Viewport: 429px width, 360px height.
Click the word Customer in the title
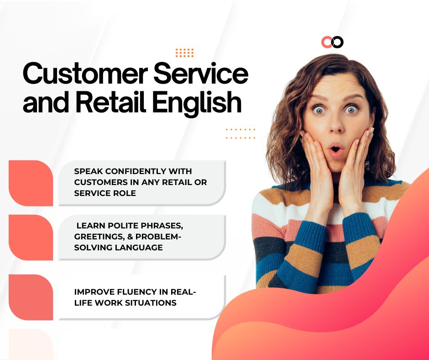85,74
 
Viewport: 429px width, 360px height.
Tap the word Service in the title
201,74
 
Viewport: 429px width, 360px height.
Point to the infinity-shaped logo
332,42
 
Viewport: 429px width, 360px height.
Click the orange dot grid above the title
184,53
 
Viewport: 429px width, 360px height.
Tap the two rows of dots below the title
241,133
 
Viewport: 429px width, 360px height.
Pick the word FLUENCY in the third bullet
142,292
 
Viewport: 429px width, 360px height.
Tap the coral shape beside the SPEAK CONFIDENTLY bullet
31,183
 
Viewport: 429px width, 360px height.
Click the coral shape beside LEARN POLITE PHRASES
31,237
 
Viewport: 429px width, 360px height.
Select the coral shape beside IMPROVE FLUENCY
31,297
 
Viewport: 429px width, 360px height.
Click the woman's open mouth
336,149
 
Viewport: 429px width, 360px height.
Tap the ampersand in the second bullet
130,237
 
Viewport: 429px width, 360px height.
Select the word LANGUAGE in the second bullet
139,248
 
